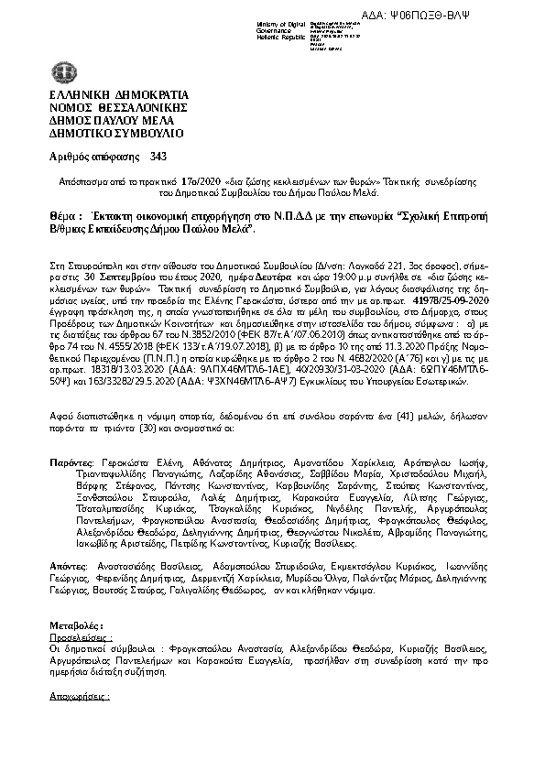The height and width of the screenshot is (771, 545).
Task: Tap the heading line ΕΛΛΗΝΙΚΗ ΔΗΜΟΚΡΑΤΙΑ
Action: tap(118, 94)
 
